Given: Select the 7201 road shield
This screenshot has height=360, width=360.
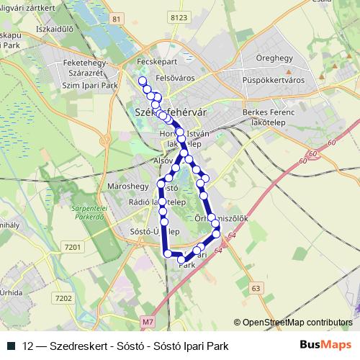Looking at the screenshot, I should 73,247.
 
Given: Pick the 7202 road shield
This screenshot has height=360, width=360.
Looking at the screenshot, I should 63,297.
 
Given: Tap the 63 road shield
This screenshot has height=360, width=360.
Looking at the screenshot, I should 256,288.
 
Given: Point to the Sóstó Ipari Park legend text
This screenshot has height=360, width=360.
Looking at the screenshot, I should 194,346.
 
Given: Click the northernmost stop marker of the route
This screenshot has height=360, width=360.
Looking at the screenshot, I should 142,81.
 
